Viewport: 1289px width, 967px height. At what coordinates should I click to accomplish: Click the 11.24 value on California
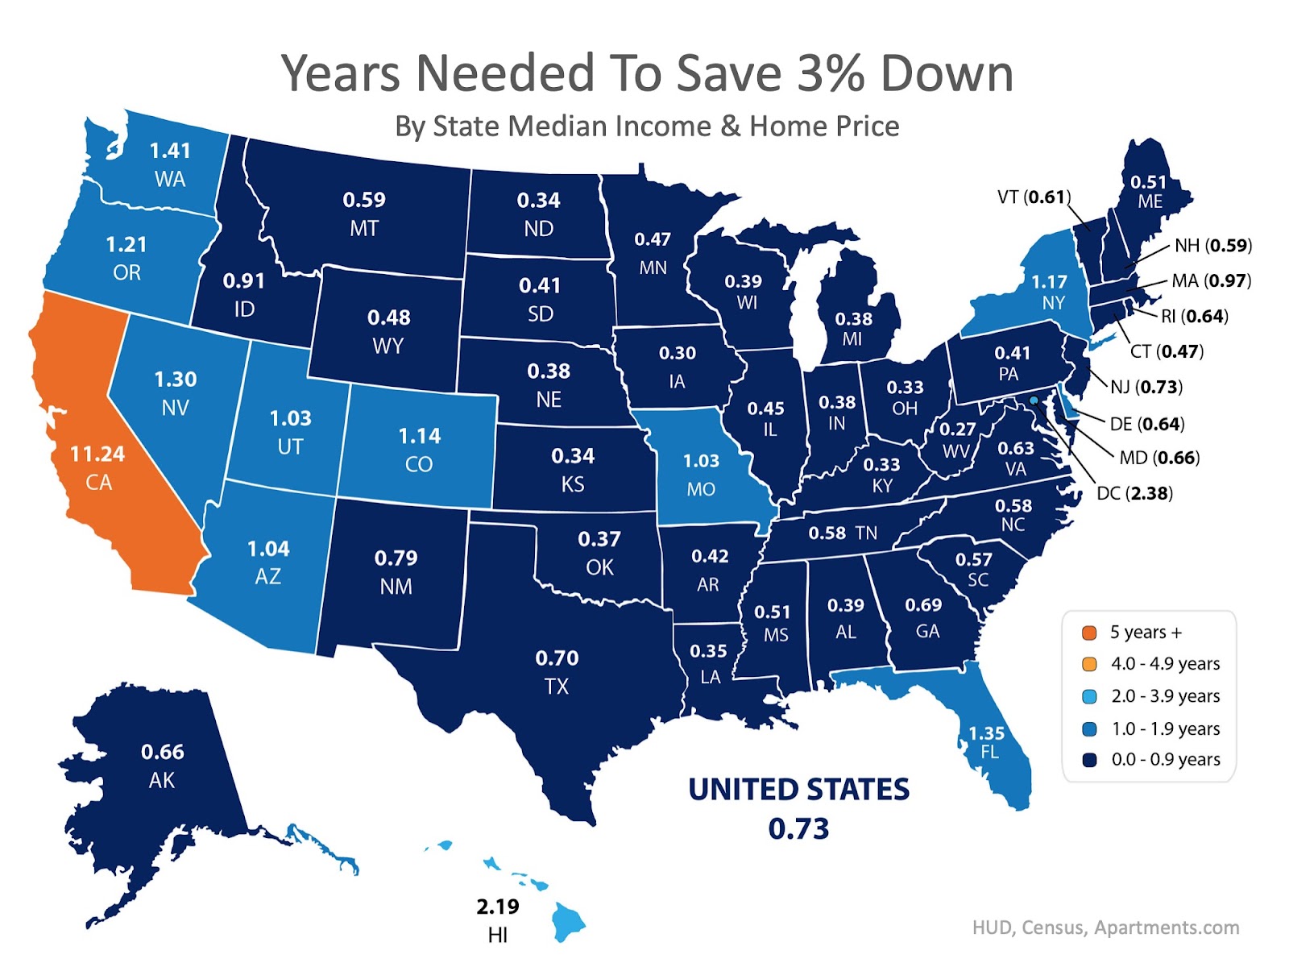[97, 454]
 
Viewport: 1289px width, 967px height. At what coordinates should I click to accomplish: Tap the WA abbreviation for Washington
[170, 179]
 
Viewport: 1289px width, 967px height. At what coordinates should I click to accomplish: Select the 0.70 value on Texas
[557, 658]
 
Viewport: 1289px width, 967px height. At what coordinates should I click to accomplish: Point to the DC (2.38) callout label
[1134, 493]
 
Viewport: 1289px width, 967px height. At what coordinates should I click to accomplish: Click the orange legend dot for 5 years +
[1089, 633]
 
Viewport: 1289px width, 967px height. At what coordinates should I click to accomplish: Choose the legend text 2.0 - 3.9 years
[1165, 696]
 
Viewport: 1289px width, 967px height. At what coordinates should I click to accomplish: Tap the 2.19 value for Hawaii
[498, 907]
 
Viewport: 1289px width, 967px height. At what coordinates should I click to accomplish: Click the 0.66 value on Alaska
[162, 752]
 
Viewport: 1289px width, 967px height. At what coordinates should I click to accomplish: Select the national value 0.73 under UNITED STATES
[798, 828]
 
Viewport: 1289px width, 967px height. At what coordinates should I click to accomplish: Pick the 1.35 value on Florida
[986, 733]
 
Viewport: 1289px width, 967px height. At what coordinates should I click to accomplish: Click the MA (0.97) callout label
[1211, 280]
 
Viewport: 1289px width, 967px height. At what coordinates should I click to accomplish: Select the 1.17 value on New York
[1049, 282]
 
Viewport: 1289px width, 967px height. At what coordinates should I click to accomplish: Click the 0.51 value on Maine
[1148, 182]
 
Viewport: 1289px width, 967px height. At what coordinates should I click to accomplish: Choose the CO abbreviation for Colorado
[419, 464]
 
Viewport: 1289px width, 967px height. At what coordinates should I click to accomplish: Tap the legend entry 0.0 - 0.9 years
[1165, 760]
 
